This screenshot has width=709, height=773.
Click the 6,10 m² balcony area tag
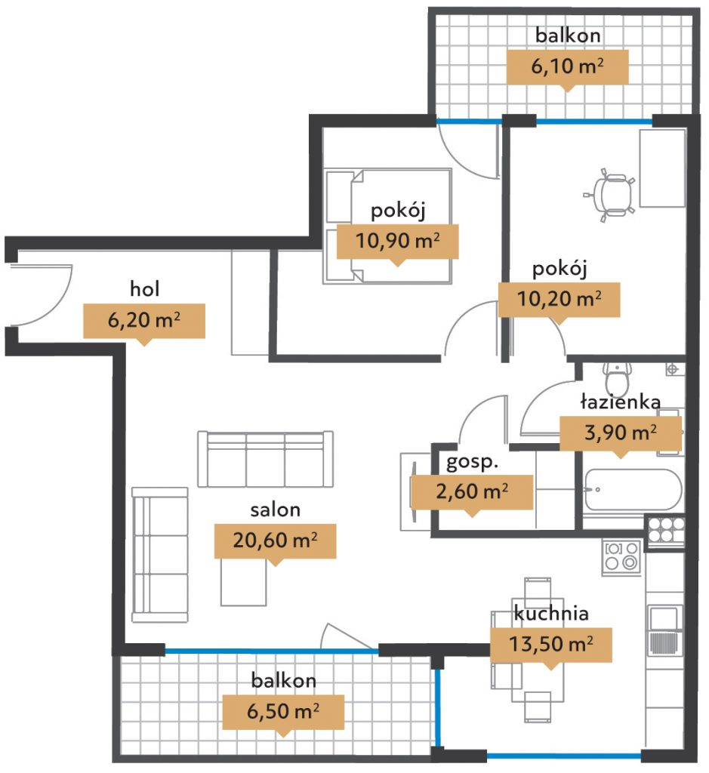pyautogui.click(x=568, y=67)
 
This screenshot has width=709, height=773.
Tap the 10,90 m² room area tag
pyautogui.click(x=397, y=242)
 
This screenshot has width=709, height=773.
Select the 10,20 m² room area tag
pyautogui.click(x=559, y=300)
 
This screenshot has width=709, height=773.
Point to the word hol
pyautogui.click(x=144, y=289)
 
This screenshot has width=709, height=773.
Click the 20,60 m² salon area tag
pyautogui.click(x=275, y=540)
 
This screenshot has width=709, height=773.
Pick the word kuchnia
pyautogui.click(x=550, y=613)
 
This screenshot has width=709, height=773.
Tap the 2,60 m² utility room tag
pyautogui.click(x=472, y=492)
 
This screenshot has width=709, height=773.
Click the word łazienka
pyautogui.click(x=620, y=402)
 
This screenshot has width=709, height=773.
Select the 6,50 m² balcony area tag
pyautogui.click(x=283, y=712)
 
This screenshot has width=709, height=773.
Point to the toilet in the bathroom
pyautogui.click(x=617, y=380)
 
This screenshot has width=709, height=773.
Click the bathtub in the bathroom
pyautogui.click(x=633, y=489)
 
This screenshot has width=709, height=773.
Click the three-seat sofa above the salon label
pyautogui.click(x=265, y=459)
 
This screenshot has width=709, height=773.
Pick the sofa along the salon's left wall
pyautogui.click(x=160, y=555)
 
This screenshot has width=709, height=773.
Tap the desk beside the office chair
pyautogui.click(x=662, y=168)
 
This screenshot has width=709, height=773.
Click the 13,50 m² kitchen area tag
pyautogui.click(x=550, y=645)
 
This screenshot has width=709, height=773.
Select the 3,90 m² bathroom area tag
pyautogui.click(x=620, y=433)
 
